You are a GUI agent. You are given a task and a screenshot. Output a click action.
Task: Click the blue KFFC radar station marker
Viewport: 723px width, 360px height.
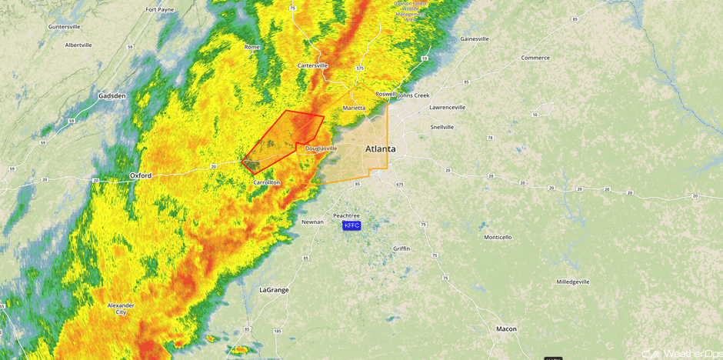click(352, 225)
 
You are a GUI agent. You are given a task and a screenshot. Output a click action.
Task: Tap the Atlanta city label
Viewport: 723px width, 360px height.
click(380, 148)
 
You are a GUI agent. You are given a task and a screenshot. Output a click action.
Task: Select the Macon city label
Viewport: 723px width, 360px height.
click(506, 328)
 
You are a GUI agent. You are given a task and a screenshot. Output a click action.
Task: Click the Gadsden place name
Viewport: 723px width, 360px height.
click(112, 96)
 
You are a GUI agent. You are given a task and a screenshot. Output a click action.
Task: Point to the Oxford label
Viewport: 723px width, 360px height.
click(140, 175)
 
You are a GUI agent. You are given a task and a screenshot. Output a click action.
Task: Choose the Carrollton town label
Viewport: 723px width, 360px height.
click(266, 182)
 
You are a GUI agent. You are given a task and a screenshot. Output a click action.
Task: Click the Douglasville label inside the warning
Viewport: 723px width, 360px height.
click(321, 148)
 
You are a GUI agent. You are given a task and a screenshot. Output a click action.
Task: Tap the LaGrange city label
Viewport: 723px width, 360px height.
click(274, 290)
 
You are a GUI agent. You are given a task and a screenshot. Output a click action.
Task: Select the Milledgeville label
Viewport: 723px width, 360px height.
click(573, 282)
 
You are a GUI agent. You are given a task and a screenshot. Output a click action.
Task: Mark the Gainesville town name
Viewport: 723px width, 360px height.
click(474, 38)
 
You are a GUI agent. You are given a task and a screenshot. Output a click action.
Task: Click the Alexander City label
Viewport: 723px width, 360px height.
click(121, 308)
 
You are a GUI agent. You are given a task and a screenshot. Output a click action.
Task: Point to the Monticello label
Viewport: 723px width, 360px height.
click(498, 237)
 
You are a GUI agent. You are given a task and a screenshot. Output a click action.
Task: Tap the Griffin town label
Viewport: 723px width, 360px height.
click(401, 248)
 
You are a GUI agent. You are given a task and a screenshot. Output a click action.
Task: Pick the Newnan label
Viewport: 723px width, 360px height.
click(312, 222)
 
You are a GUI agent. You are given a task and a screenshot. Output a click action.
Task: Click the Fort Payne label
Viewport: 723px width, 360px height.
click(160, 9)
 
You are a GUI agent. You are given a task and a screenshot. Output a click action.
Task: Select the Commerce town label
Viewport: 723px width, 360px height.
click(535, 58)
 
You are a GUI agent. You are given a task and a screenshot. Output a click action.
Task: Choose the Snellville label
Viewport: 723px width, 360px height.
click(441, 127)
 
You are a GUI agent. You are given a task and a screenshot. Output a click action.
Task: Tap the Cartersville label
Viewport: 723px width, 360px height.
click(312, 65)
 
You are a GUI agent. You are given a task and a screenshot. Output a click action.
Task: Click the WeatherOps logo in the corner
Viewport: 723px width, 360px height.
click(681, 353)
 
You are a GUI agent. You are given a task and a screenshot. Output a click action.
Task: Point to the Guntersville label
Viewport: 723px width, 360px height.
click(64, 26)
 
